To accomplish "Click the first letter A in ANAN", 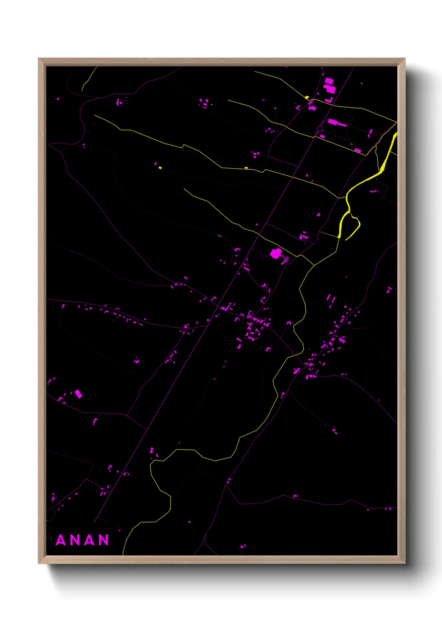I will [x=61, y=540].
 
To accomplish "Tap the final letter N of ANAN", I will [x=104, y=540].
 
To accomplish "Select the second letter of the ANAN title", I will [x=75, y=540].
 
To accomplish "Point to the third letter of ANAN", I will [x=89, y=540].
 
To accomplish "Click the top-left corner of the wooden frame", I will [x=39, y=59].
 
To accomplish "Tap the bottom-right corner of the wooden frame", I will [x=404, y=563].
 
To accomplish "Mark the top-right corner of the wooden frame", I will [x=404, y=59].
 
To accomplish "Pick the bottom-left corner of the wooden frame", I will [x=39, y=563].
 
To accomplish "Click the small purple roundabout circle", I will [x=320, y=129].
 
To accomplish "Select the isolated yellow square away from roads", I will [x=160, y=168].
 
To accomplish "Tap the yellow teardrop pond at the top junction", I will [x=307, y=98].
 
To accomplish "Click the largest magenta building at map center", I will [x=275, y=253].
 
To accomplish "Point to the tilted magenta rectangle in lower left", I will [x=78, y=394].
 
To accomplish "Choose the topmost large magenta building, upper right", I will [x=329, y=81].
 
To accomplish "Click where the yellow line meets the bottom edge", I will [x=123, y=554].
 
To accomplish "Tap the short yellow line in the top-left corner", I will [x=89, y=78].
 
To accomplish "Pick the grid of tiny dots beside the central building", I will [x=286, y=260].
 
